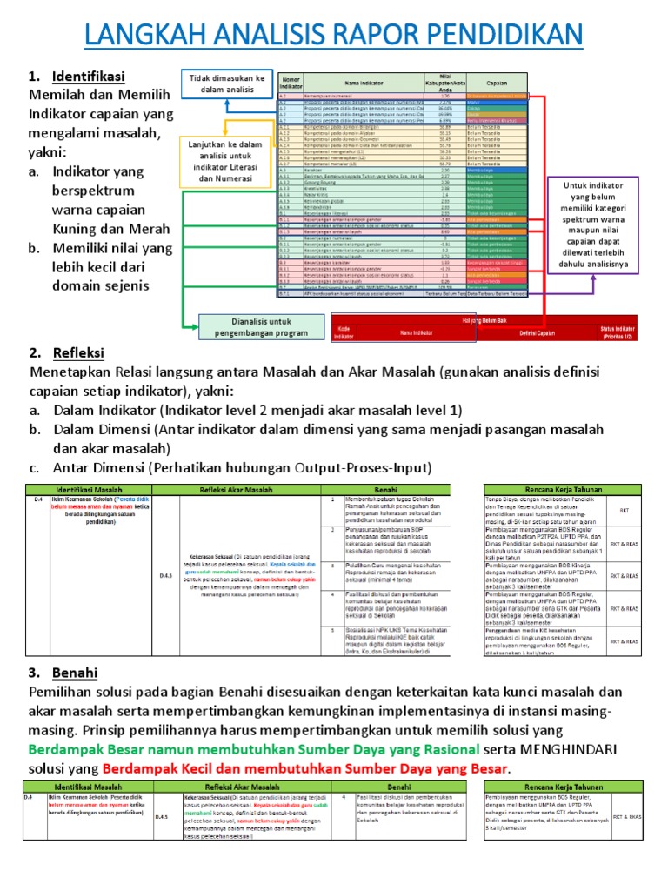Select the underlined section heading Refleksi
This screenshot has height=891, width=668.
[x=78, y=352]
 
